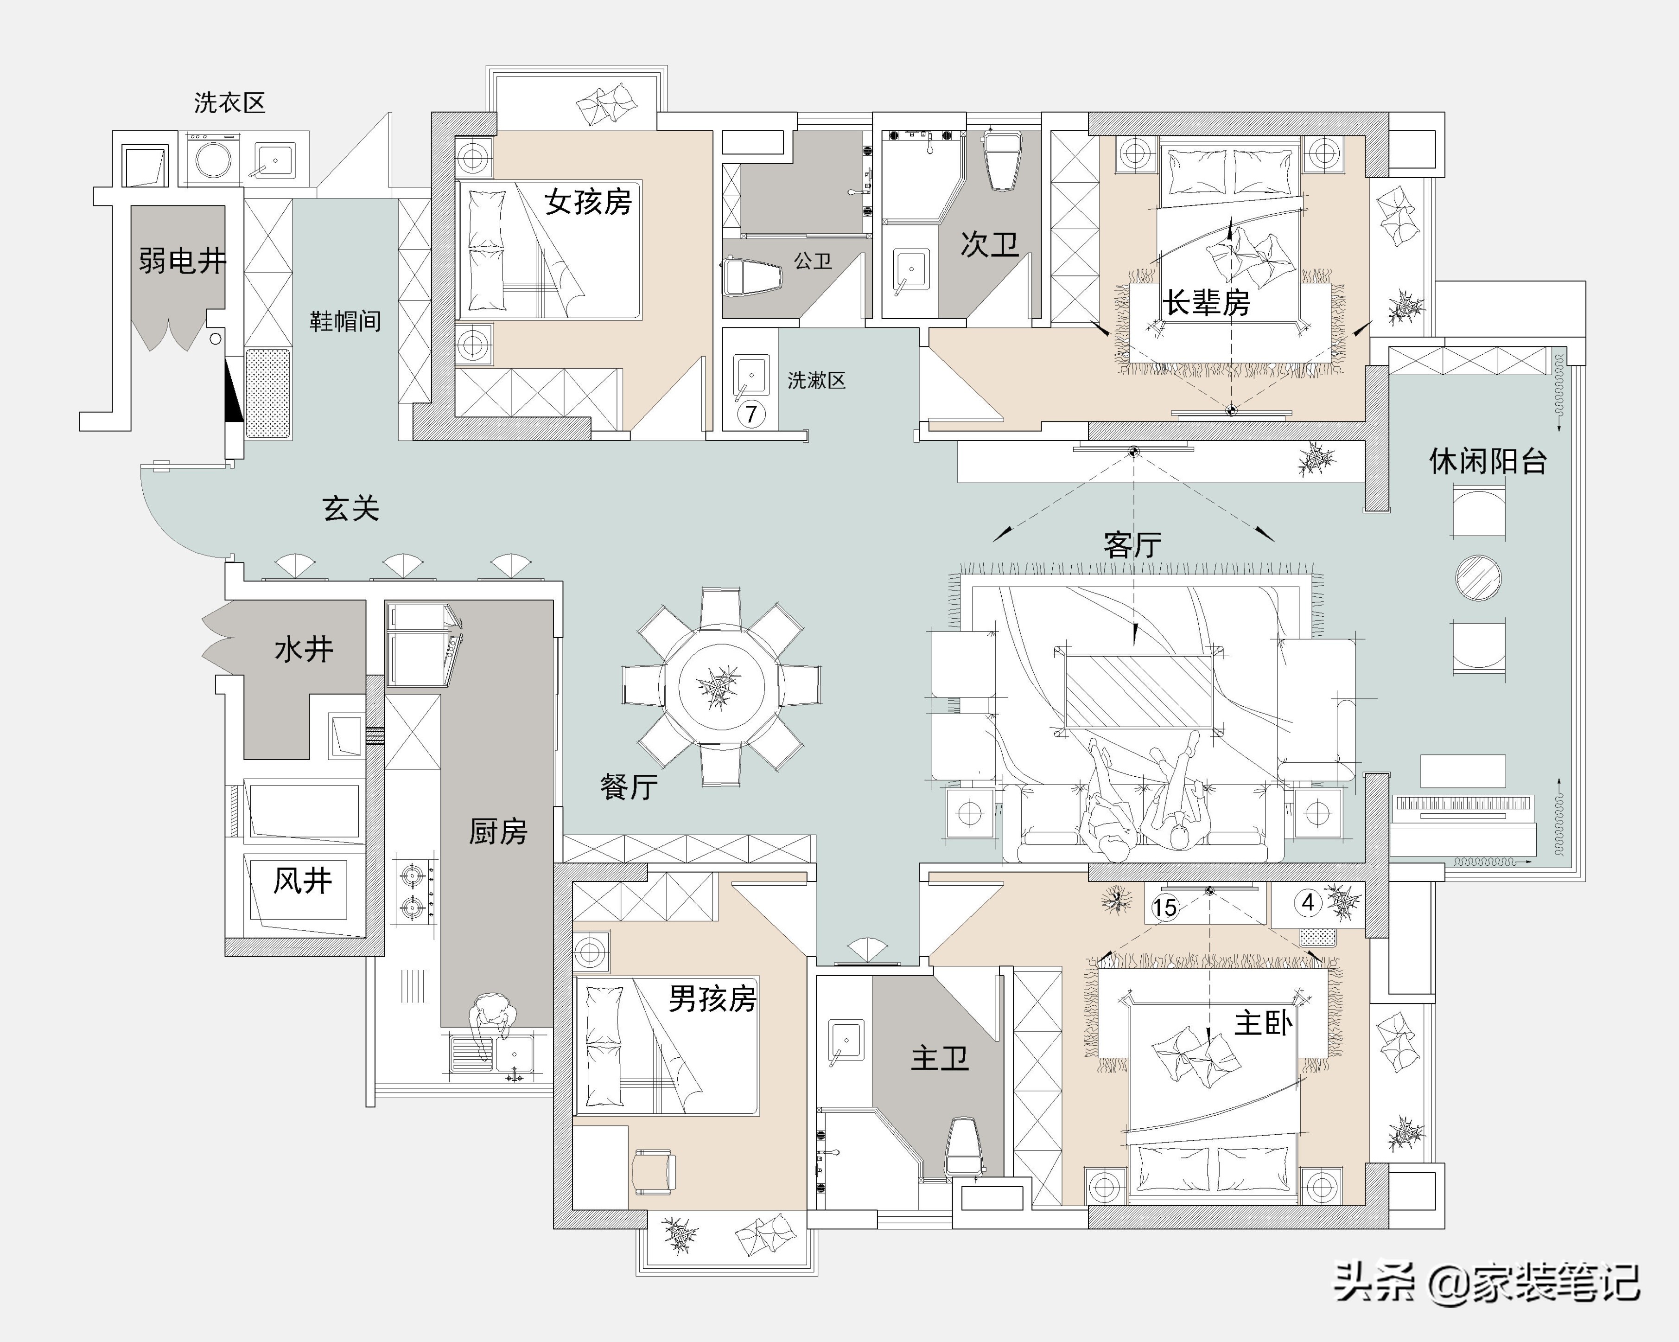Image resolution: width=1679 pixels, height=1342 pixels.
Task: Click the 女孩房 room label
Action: (588, 202)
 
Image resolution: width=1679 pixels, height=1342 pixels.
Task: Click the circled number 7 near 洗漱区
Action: (750, 414)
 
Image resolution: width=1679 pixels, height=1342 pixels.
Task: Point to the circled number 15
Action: (1165, 907)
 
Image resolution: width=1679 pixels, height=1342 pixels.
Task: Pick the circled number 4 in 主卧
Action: (1308, 903)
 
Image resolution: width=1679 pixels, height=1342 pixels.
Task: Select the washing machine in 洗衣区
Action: (213, 160)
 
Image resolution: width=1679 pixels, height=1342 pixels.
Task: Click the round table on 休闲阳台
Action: (1478, 577)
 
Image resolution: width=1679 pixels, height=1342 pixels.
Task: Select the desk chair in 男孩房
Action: (654, 1170)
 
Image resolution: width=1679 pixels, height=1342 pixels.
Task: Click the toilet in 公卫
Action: (751, 278)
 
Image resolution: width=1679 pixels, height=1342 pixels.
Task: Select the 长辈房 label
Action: (1206, 302)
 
